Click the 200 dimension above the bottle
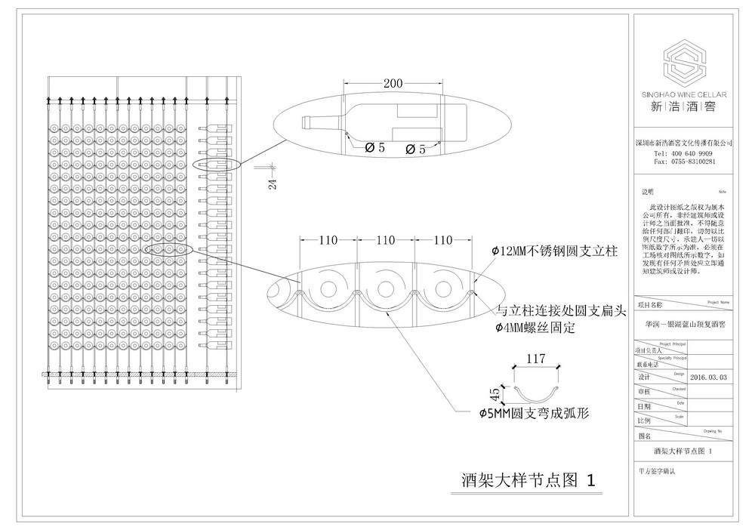tap(393, 84)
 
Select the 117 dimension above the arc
tap(535, 360)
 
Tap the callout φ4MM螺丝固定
tap(535, 328)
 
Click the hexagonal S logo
tap(683, 66)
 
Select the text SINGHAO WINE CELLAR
tap(683, 95)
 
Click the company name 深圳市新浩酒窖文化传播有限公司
tap(683, 141)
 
